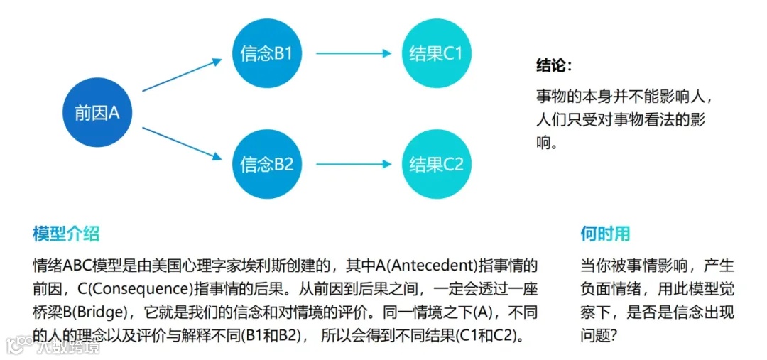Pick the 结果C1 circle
436,54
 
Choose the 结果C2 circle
436,165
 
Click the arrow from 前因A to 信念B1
183,75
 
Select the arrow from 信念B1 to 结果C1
353,54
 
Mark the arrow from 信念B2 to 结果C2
353,165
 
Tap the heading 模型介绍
66,234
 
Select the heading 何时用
605,234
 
